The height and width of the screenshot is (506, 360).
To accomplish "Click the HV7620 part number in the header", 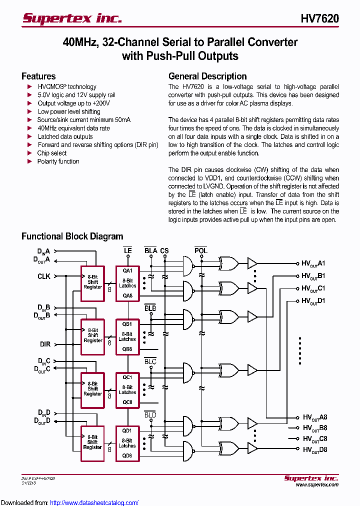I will [319, 19].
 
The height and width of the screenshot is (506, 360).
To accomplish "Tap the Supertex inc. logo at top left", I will [72, 18].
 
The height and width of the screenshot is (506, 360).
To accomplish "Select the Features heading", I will [38, 76].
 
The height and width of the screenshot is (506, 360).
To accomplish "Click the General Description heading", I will [207, 76].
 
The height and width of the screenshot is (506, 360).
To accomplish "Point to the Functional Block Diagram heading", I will [72, 236].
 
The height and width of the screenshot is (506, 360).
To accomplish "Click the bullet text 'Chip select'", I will [52, 153].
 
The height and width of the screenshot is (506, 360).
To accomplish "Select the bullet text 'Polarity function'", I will [58, 161].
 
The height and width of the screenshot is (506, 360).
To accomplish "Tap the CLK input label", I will [43, 276].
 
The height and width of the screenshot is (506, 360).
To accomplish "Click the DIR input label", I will [45, 344].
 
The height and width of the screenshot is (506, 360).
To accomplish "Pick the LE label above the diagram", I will [127, 250].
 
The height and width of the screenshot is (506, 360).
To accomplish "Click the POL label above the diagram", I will [200, 250].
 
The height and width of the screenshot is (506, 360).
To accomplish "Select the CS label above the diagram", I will [164, 250].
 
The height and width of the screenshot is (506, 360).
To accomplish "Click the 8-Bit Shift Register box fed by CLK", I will [93, 282].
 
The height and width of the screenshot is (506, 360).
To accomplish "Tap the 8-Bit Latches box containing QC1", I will [127, 389].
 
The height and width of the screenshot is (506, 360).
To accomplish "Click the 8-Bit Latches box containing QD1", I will [127, 443].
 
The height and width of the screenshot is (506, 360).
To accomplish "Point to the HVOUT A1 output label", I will [313, 263].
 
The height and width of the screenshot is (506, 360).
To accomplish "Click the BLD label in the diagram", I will [150, 415].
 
